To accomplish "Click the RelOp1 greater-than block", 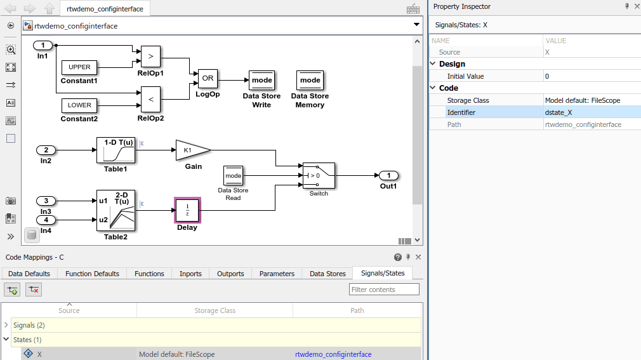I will tap(150, 56).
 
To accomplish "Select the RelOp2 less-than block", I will tap(150, 99).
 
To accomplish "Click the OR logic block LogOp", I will tap(208, 79).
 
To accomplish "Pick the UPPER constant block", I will tap(79, 67).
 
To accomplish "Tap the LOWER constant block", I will tap(79, 105).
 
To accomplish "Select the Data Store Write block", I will tap(261, 80).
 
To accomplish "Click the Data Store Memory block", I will tap(310, 80).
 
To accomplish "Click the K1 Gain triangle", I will tap(191, 150).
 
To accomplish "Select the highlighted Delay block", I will tap(187, 210).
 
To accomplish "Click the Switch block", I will tap(319, 175).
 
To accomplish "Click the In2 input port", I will tap(46, 150).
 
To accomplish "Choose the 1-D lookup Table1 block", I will tap(116, 150).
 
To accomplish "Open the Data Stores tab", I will tap(327, 274).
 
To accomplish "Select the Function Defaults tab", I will tap(92, 274).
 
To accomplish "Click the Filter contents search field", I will tap(384, 290).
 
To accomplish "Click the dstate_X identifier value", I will tap(558, 112).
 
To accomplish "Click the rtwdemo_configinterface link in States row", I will tap(333, 354).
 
